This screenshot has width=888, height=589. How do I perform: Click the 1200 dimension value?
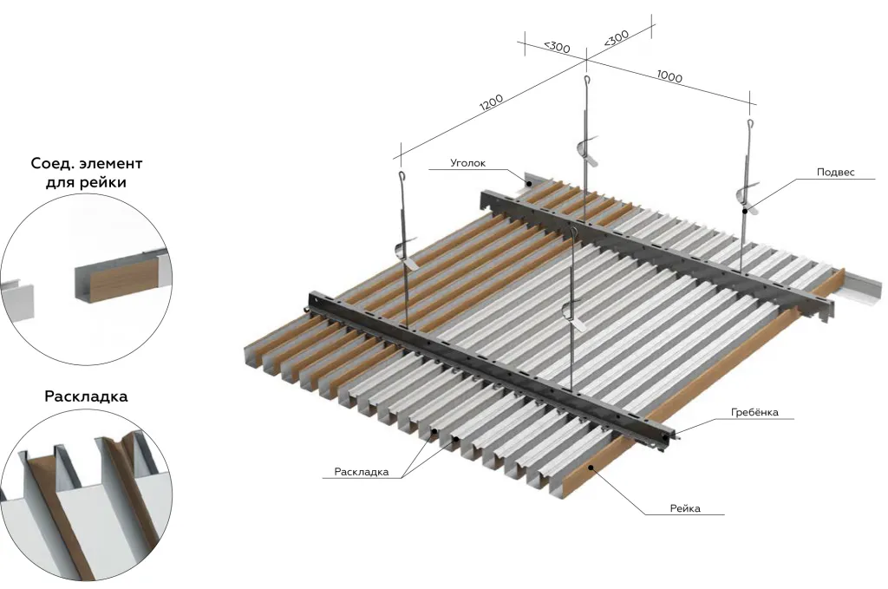491,102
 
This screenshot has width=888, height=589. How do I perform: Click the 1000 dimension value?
669,75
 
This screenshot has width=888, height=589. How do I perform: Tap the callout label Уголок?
467,163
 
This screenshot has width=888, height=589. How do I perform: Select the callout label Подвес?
835,172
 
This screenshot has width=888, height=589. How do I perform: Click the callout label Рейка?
685,508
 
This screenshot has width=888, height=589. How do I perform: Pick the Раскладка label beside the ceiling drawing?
362,472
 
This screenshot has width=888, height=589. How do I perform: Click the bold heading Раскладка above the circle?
86,396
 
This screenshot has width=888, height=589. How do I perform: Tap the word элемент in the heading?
111,164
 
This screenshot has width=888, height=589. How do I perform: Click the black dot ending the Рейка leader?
591,468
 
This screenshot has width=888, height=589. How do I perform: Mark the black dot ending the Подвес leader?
745,211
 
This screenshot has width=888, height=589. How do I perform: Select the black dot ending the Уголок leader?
530,183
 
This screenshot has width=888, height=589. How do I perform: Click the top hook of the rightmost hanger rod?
750,124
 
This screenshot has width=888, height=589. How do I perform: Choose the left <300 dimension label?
557,47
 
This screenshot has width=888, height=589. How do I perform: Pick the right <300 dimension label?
617,38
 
